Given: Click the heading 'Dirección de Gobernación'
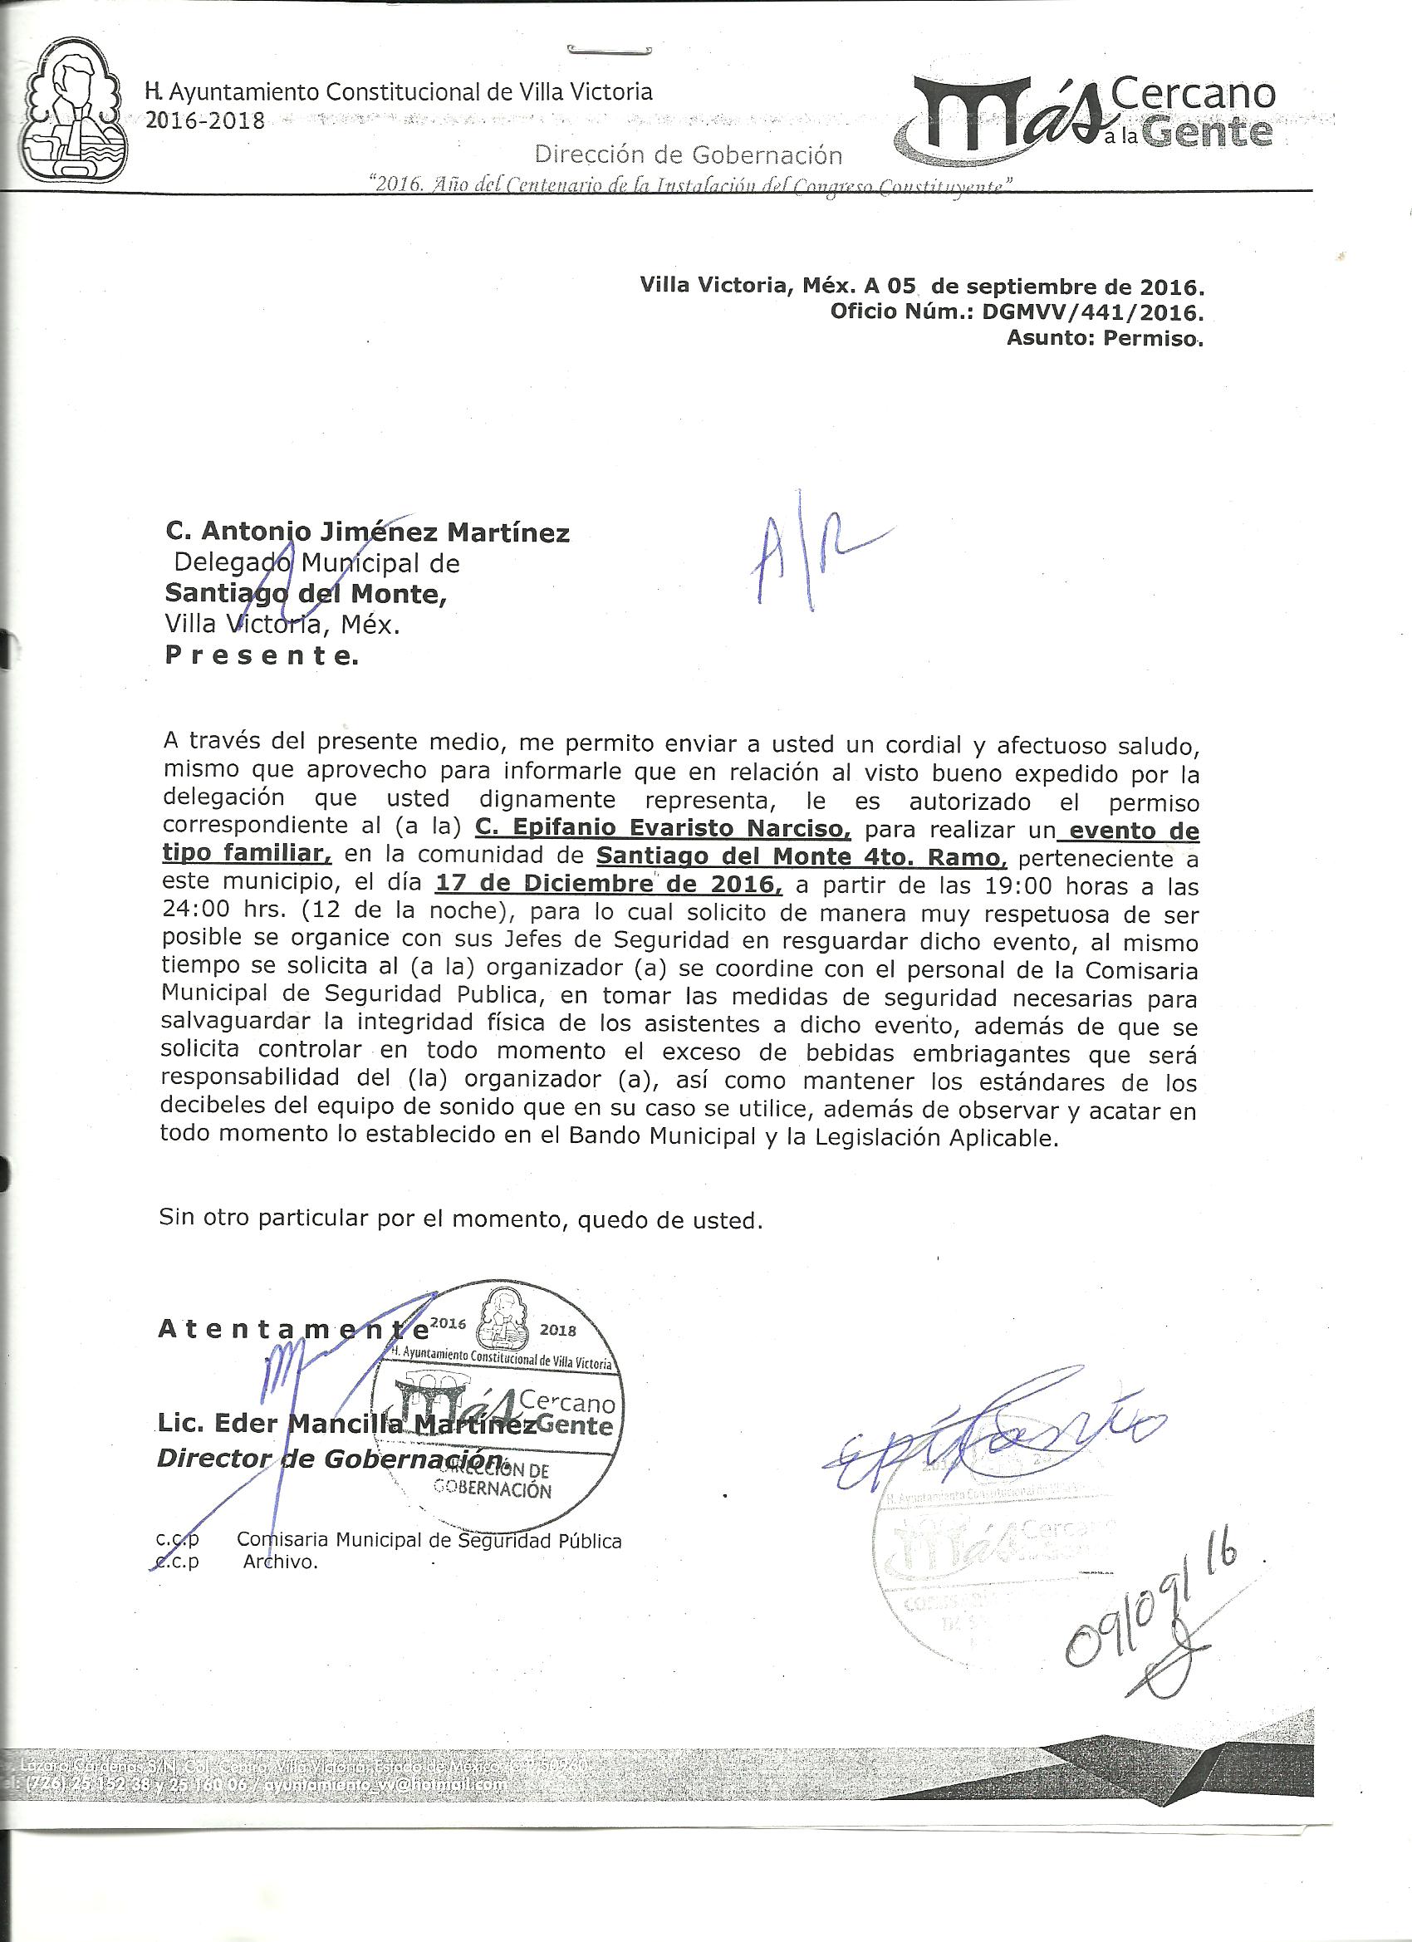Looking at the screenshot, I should (688, 155).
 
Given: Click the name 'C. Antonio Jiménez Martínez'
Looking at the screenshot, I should (366, 533).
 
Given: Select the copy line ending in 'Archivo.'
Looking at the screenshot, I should (236, 1562).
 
